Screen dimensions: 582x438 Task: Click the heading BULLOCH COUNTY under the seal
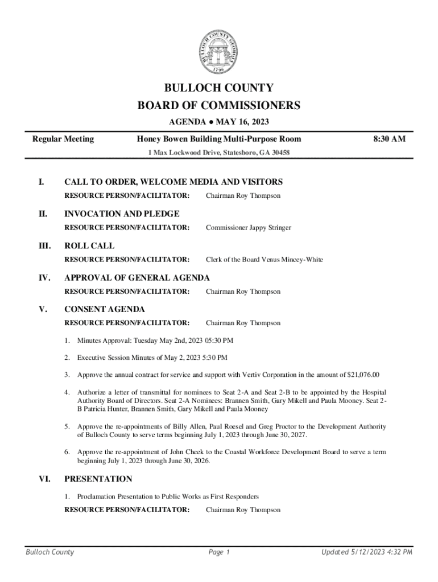[x=219, y=88]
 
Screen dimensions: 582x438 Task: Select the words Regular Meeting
[x=63, y=139]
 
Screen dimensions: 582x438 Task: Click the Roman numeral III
[x=44, y=246]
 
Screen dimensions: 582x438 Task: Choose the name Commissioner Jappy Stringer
[x=248, y=228]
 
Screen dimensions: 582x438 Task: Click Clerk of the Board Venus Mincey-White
[x=264, y=260]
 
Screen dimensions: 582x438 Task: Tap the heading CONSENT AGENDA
[x=105, y=310]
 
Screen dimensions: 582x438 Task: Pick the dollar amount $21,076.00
[x=363, y=375]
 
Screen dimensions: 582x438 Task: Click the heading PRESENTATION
[x=98, y=479]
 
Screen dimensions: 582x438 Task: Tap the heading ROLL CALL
[x=89, y=246]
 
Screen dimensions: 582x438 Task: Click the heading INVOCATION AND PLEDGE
[x=122, y=214]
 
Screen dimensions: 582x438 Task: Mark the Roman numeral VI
[x=44, y=479]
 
